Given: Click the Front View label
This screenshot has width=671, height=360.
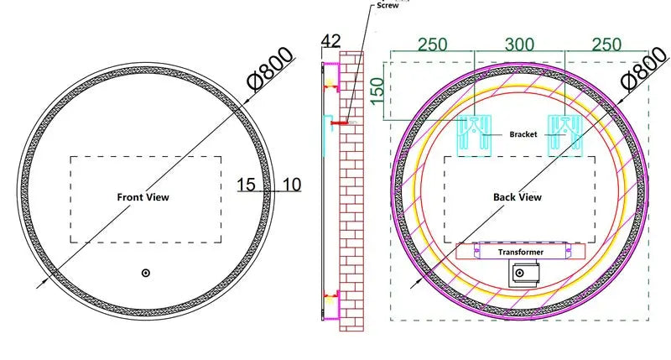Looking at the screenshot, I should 143,197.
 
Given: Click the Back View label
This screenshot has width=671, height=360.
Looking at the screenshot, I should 517,197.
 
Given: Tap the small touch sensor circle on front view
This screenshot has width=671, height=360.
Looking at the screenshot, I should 145,273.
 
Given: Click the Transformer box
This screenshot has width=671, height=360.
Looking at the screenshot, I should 520,251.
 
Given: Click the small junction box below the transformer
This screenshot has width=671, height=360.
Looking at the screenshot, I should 523,273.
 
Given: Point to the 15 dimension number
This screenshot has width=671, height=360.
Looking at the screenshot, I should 247,183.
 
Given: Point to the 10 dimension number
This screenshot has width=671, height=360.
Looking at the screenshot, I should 292,183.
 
